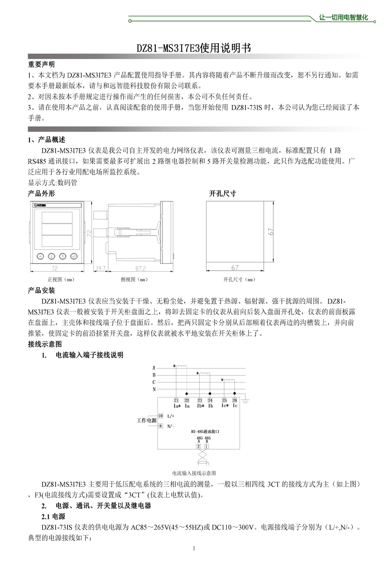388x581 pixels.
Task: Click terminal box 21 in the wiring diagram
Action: pos(176,400)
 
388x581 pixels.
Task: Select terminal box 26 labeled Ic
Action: pos(235,400)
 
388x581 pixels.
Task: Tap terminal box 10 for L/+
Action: pos(161,416)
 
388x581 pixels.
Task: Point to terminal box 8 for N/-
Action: pos(161,426)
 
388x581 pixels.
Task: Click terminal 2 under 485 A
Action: pos(198,446)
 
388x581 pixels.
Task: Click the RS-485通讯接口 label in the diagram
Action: pos(206,430)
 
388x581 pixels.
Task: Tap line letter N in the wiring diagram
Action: pos(154,389)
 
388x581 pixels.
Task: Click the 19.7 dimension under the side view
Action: pos(100,268)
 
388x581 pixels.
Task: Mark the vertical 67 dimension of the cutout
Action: pos(272,231)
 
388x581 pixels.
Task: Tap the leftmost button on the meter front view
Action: pos(39,256)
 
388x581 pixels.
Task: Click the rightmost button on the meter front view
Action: pos(73,256)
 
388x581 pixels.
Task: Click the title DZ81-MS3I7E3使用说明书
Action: pos(194,48)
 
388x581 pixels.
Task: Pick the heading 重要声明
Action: pos(41,64)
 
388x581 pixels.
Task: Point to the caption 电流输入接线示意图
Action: pos(194,473)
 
